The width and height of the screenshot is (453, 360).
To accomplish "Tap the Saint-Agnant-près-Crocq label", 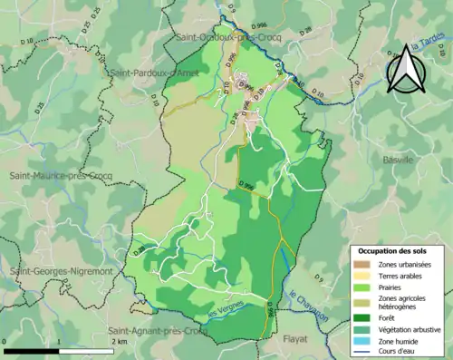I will [159, 332].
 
